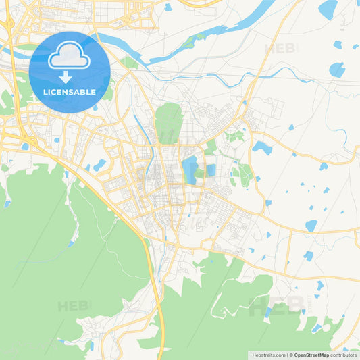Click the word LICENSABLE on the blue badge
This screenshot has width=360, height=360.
pos(70,92)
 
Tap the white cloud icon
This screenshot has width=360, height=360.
pos(70,56)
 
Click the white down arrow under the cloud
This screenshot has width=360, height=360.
pos(66,76)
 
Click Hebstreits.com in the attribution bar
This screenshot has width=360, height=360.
pos(268,355)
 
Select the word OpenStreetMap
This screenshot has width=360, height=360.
pos(311,355)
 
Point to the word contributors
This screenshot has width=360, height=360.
pos(344,355)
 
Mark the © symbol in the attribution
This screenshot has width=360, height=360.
pos(290,355)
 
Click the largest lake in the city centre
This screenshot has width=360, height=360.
pos(190,170)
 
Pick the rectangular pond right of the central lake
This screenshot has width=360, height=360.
pos(210,170)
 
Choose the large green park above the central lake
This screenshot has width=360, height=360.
pos(169,122)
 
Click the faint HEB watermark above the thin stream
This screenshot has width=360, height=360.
pos(280,49)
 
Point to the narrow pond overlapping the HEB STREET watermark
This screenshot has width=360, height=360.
pos(269,312)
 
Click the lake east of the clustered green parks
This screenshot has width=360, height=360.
pos(261,147)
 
